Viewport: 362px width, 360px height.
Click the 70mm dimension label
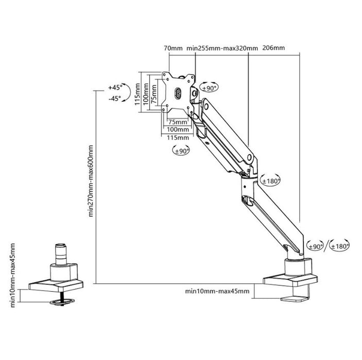point(173,48)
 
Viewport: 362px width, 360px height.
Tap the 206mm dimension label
point(273,48)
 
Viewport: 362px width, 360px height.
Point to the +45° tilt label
point(115,87)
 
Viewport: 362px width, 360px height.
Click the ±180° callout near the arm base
point(340,246)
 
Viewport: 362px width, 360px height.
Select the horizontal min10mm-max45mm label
point(217,292)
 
